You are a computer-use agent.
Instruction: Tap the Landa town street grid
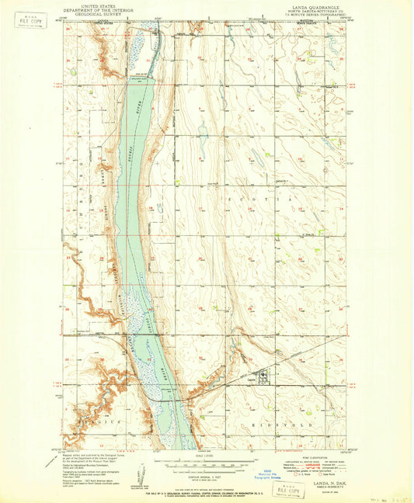262,377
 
